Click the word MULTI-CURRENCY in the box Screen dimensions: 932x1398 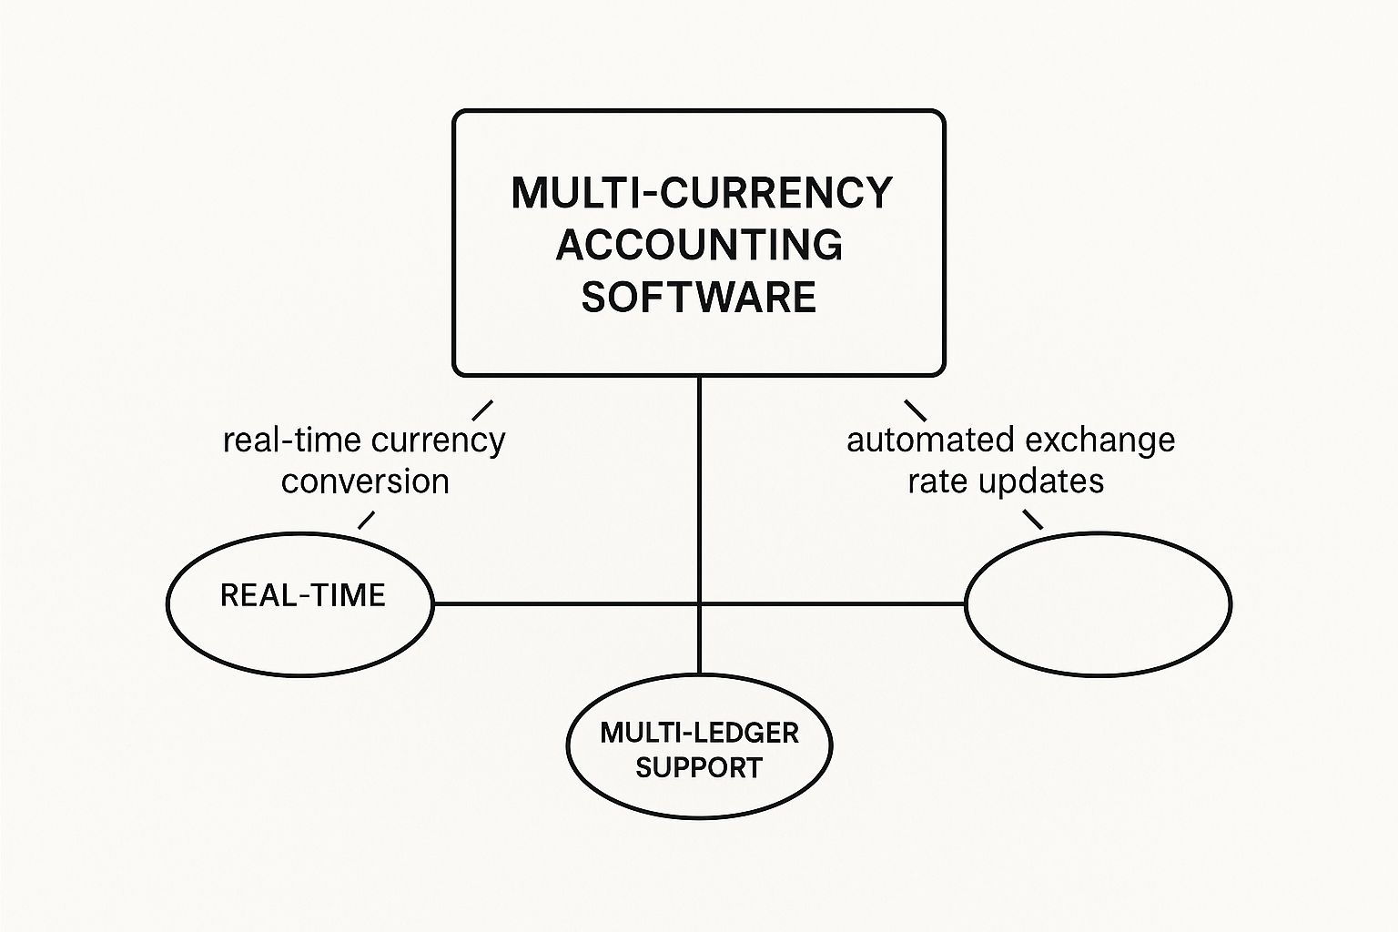tap(701, 193)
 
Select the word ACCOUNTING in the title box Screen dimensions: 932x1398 tap(699, 245)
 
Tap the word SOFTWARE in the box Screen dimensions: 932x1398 tap(699, 298)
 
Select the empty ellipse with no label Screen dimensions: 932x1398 tap(1098, 603)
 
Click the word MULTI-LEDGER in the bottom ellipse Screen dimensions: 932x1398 tap(699, 733)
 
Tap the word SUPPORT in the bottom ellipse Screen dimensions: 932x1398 tap(699, 767)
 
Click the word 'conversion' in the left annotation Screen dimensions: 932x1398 tap(365, 481)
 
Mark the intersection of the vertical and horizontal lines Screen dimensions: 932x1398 tap(699, 603)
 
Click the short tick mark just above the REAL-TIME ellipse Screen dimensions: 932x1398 tap(366, 520)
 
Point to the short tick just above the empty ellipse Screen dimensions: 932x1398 tap(1033, 520)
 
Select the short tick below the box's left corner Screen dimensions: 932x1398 tap(482, 410)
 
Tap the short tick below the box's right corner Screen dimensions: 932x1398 tap(915, 410)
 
